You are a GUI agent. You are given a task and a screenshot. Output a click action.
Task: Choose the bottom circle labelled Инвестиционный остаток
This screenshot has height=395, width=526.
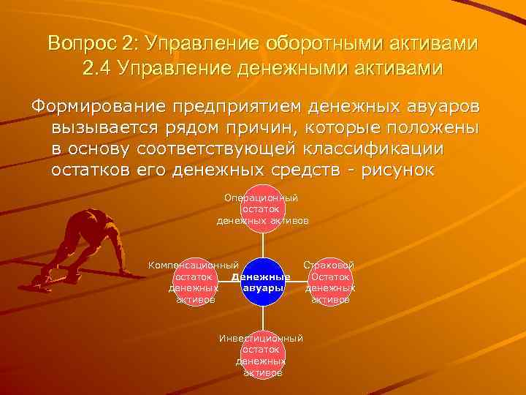coord(262,355)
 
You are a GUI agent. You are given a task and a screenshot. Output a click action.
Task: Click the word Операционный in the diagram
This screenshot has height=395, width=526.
coord(262,197)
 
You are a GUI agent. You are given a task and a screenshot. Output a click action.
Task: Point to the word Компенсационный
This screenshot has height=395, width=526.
coord(194,264)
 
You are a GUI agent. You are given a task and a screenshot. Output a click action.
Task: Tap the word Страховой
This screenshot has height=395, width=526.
coord(329,264)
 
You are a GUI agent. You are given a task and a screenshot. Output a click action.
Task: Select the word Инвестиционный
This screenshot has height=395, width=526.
coord(262,338)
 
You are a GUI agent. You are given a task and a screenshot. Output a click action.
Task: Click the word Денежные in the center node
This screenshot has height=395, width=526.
coord(261,277)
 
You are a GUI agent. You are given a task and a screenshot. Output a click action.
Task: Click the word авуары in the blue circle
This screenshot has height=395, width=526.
coord(262,288)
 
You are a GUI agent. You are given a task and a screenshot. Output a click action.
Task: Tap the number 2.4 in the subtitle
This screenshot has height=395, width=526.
coord(99,69)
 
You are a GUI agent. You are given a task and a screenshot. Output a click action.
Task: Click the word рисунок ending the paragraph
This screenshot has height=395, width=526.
coord(394,170)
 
